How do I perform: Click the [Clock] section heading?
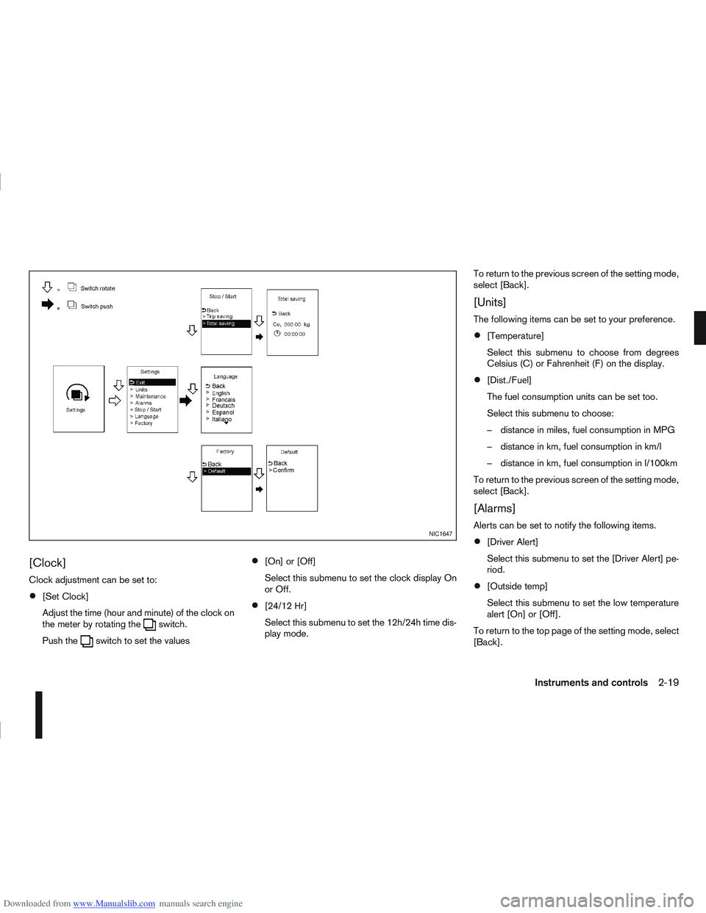point(47,563)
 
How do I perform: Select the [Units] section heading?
point(490,303)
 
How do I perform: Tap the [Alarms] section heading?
point(494,509)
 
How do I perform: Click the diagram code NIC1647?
point(441,534)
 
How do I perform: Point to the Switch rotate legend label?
point(98,289)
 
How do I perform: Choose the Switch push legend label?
point(96,307)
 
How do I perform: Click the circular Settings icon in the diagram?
point(76,394)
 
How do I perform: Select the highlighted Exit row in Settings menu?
point(151,382)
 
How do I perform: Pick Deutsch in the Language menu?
point(223,406)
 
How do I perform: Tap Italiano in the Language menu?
point(221,420)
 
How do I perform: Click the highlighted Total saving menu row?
point(226,323)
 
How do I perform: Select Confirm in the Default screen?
point(283,470)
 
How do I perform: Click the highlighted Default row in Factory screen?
point(226,471)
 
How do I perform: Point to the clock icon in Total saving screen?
point(277,334)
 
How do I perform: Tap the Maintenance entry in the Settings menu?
point(150,396)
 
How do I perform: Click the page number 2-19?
point(668,683)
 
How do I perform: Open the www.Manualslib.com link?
point(114,903)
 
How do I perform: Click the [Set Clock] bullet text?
point(65,597)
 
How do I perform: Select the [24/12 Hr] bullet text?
point(285,606)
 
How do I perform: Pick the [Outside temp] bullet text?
point(517,587)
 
